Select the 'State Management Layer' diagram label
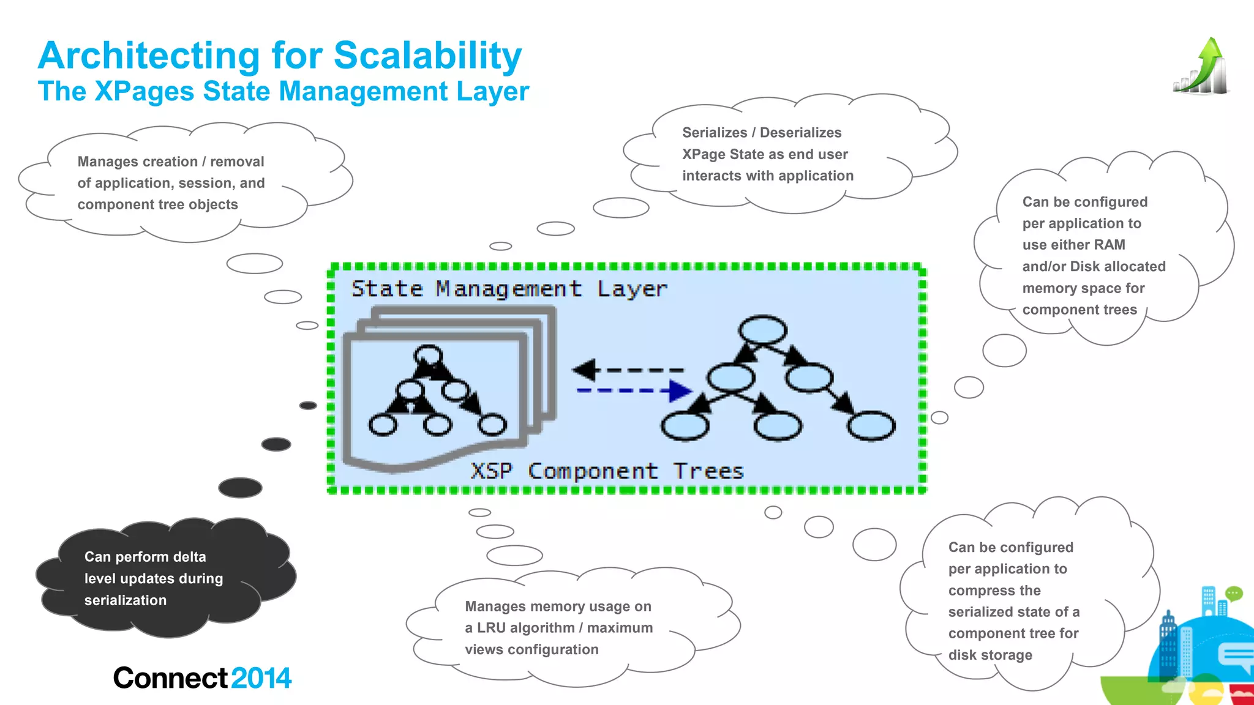tap(509, 288)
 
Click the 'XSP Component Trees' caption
tap(607, 471)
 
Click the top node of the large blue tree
tap(762, 330)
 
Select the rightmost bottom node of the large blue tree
tap(871, 426)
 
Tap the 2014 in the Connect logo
tap(261, 678)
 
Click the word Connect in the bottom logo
tap(171, 678)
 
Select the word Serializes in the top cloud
tap(715, 133)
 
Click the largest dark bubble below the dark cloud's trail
tap(240, 488)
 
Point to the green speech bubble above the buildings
tap(1234, 593)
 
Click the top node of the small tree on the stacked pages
tap(428, 356)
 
